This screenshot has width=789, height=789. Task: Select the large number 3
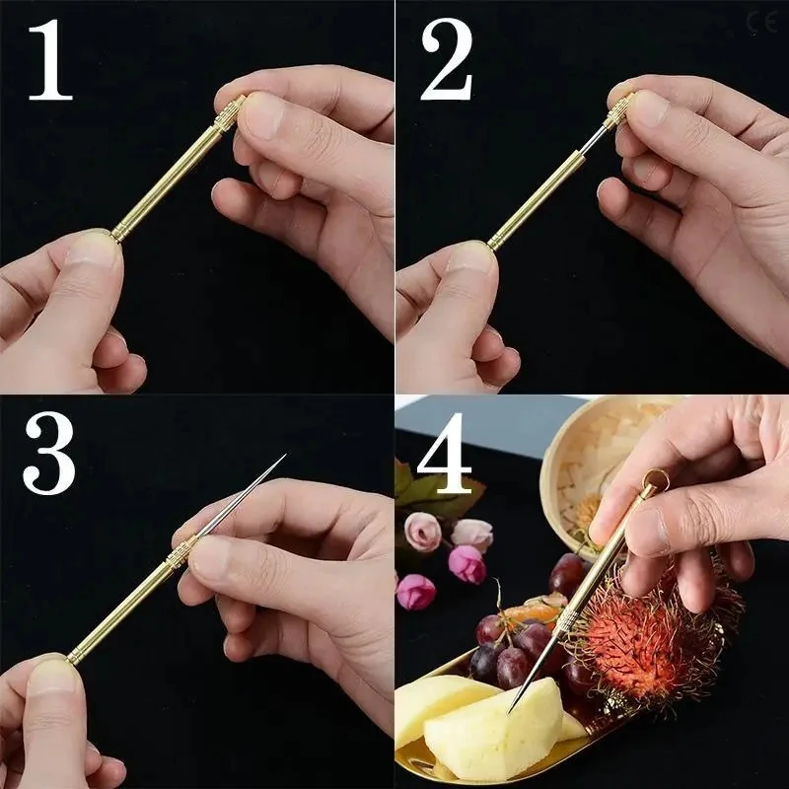click(49, 453)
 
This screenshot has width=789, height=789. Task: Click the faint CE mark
click(761, 21)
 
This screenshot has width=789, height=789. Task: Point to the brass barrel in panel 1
click(168, 178)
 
